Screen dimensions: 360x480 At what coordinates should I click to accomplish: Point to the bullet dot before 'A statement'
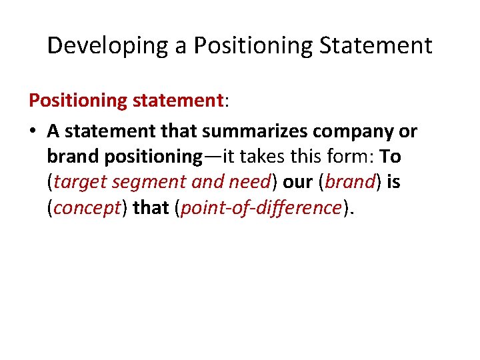(33, 131)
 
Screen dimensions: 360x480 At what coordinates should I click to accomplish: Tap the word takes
(261, 157)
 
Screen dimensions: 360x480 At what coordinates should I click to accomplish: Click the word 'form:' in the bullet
(353, 157)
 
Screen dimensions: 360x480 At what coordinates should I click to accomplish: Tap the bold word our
(297, 182)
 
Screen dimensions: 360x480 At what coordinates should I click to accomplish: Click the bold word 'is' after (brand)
(393, 182)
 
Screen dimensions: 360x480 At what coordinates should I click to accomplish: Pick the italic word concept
(87, 207)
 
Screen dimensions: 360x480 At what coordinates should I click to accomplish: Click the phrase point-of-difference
(261, 207)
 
